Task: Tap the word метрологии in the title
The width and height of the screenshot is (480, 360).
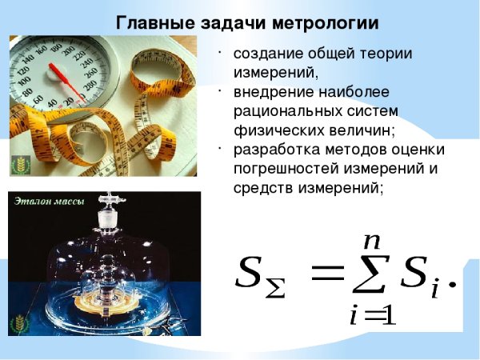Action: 313,22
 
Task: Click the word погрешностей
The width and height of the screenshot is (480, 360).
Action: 283,169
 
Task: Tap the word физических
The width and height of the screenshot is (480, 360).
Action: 272,130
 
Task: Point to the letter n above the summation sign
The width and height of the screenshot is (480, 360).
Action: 370,239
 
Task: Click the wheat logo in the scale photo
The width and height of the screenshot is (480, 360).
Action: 18,165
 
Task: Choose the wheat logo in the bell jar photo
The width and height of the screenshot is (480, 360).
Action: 18,323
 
